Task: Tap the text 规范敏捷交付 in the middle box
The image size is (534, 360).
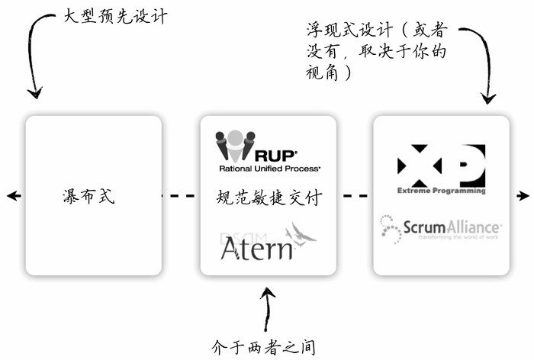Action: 268,197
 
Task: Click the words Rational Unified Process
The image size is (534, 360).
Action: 269,167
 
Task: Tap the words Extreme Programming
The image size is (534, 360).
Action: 441,191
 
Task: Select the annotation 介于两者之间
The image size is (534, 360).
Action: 263,346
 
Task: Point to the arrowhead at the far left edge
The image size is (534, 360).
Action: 11,196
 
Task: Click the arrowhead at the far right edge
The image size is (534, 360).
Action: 524,196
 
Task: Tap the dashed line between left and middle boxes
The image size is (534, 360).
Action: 181,196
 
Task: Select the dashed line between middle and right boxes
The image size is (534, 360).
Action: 355,196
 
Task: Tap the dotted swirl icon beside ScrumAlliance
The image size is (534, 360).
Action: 390,228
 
